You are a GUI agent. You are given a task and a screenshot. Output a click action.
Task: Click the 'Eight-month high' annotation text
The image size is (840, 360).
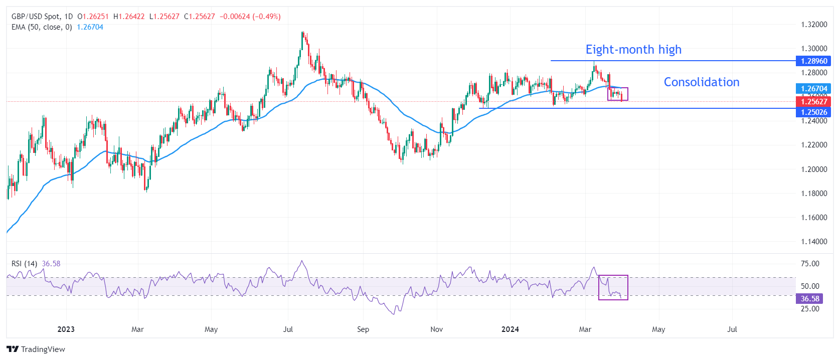(633, 50)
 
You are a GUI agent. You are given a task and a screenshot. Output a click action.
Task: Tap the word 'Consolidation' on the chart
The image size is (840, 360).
(701, 82)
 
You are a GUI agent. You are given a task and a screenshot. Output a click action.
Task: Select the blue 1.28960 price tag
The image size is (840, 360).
(813, 61)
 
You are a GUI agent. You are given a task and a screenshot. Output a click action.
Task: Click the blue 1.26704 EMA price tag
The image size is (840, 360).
(813, 89)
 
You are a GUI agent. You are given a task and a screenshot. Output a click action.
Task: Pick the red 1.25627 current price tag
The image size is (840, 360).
(813, 102)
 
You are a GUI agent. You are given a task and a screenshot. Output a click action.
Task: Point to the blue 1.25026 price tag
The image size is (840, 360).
(813, 112)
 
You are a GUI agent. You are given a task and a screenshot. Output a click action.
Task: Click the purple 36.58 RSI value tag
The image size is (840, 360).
(809, 299)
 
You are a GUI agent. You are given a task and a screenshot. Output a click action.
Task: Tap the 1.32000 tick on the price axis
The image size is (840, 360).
(813, 25)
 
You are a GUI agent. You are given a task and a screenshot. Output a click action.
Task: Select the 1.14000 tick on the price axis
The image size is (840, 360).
(813, 242)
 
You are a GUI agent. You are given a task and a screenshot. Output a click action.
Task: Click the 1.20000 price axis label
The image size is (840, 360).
(813, 169)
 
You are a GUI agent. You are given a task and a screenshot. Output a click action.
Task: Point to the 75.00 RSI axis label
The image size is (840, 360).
(810, 264)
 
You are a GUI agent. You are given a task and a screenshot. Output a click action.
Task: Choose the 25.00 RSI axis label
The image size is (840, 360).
(810, 309)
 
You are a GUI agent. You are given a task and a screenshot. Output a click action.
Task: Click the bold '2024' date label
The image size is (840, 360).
(510, 329)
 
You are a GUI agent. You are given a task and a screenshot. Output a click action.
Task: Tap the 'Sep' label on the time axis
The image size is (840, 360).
(363, 329)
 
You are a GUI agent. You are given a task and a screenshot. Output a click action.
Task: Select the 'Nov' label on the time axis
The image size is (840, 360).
(437, 329)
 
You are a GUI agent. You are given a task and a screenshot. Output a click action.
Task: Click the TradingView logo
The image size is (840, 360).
(36, 349)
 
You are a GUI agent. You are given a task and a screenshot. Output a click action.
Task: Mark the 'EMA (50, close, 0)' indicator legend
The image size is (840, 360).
(42, 27)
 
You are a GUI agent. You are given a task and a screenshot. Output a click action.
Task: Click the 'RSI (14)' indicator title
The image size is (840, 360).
(24, 264)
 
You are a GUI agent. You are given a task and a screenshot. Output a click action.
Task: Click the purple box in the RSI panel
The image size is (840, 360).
(613, 287)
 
